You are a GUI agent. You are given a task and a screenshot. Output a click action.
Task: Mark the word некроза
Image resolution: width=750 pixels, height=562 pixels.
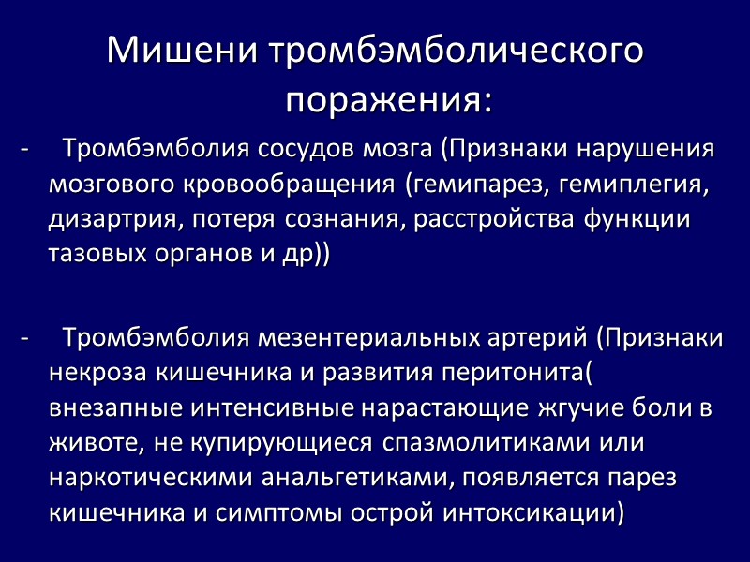(93, 372)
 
